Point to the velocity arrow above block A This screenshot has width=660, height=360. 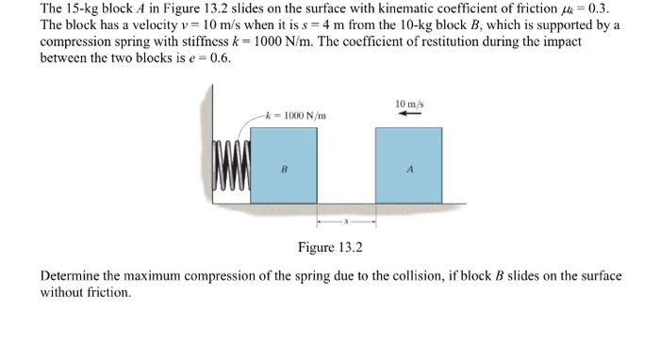click(408, 114)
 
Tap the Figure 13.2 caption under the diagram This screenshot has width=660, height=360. click(329, 248)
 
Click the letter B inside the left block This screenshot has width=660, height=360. click(284, 171)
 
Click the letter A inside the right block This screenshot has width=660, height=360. click(409, 171)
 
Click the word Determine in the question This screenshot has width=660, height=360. click(73, 276)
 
